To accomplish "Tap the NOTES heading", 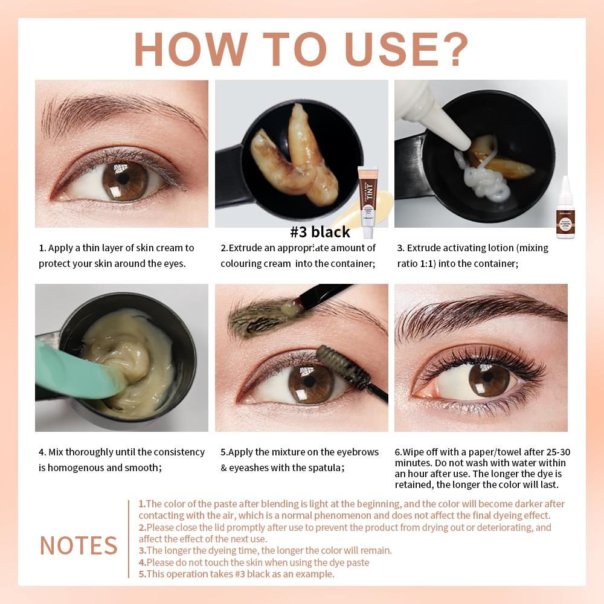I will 79,545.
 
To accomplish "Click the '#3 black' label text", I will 320,232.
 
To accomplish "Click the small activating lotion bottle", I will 565,209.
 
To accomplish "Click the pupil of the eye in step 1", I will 124,179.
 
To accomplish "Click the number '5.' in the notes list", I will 142,574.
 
